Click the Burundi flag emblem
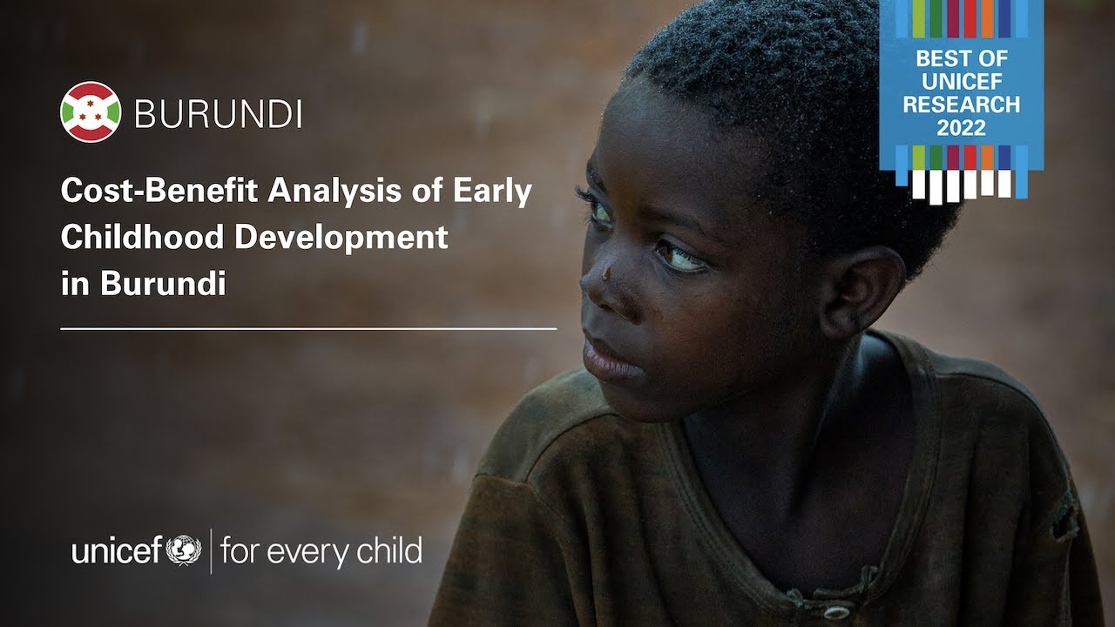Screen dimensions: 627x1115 [x=91, y=112]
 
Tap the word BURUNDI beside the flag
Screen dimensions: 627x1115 [x=219, y=113]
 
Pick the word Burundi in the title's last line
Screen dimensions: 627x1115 [x=163, y=284]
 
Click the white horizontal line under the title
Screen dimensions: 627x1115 [x=308, y=329]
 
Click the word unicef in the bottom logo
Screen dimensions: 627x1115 [x=117, y=551]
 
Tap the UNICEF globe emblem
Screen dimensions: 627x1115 [x=184, y=551]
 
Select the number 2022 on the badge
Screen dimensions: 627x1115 [x=961, y=127]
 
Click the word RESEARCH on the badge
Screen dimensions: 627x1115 [x=961, y=104]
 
